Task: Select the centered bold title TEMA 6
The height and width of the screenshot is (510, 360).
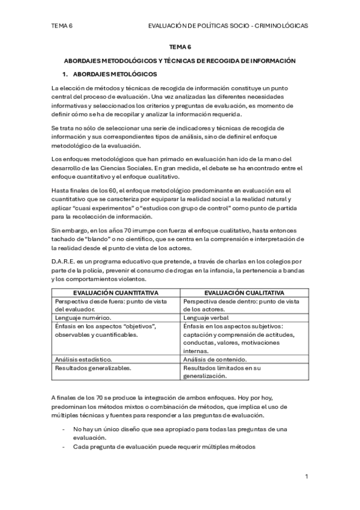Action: click(180, 46)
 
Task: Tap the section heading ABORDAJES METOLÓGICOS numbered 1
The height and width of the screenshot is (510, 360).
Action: click(115, 75)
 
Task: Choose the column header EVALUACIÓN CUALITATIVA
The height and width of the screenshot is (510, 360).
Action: click(244, 292)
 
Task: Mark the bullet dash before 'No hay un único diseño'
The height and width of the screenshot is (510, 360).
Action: click(64, 429)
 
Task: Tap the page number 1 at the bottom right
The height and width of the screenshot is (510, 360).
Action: click(307, 476)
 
